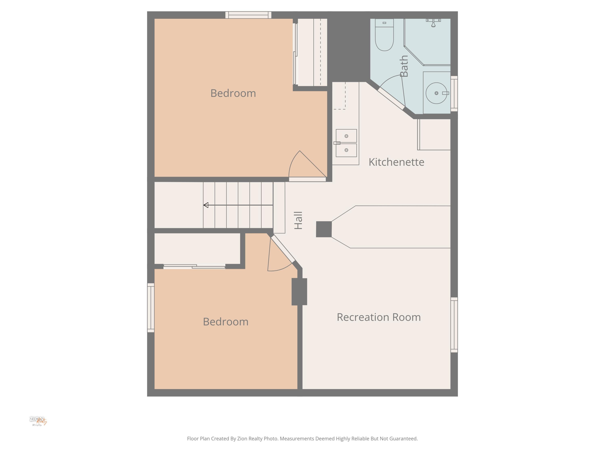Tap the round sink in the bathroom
pos(436,93)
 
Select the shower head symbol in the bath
pos(433,23)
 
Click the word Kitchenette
pos(396,162)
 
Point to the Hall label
pos(298,220)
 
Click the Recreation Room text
pos(379,317)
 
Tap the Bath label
pos(404,66)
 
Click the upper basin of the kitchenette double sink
pos(346,136)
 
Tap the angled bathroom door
pos(391,98)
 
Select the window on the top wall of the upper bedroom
pos(248,15)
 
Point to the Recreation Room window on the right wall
pos(454,325)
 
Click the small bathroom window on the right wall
pos(454,94)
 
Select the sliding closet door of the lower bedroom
pos(194,266)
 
